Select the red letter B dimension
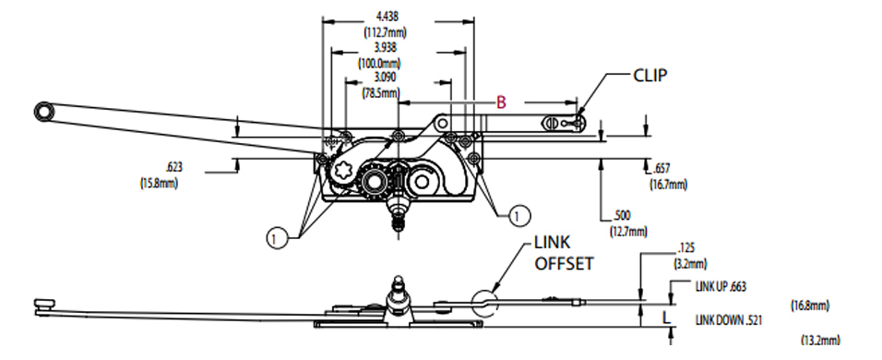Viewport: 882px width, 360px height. (502, 102)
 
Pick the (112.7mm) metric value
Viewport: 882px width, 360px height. (386, 30)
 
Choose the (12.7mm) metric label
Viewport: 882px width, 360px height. (627, 231)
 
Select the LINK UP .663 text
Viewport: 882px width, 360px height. (726, 287)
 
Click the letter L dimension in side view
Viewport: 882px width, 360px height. (667, 316)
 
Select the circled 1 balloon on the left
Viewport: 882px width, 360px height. (274, 237)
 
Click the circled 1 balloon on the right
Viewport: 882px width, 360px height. (519, 216)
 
